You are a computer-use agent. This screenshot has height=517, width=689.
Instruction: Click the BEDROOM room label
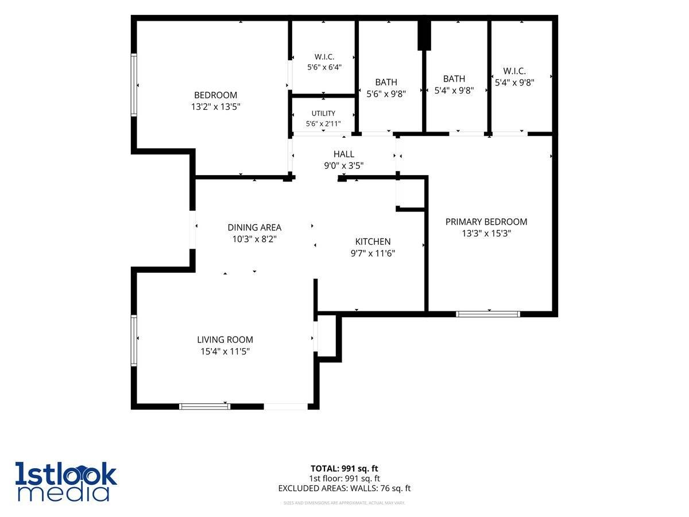215,95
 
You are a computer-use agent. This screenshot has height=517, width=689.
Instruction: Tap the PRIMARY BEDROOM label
486,222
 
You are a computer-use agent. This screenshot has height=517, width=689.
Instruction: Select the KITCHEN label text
373,241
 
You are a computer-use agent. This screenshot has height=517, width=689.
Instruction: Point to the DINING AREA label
254,227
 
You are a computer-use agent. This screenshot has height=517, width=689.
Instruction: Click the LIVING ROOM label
224,339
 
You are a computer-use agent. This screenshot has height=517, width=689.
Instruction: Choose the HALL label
344,154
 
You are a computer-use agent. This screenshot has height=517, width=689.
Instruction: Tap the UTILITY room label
323,113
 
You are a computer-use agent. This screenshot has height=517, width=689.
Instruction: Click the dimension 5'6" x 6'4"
324,67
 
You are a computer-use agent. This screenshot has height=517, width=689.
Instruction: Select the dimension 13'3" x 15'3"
486,233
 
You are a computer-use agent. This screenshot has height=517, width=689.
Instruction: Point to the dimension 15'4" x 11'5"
225,351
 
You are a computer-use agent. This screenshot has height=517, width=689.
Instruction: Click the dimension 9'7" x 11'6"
373,253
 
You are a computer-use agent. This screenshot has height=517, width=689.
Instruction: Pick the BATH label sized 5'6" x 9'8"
386,82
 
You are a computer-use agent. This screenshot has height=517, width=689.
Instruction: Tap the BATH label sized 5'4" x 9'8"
454,79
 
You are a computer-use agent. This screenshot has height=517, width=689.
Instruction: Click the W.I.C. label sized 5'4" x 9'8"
514,71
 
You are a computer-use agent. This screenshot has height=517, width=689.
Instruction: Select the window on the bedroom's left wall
134,85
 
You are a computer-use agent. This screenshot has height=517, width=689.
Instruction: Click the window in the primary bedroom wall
488,314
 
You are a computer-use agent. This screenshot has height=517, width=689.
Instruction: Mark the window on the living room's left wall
134,340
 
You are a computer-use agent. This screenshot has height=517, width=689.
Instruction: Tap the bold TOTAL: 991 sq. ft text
344,468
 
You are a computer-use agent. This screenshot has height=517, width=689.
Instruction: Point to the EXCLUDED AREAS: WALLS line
344,488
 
